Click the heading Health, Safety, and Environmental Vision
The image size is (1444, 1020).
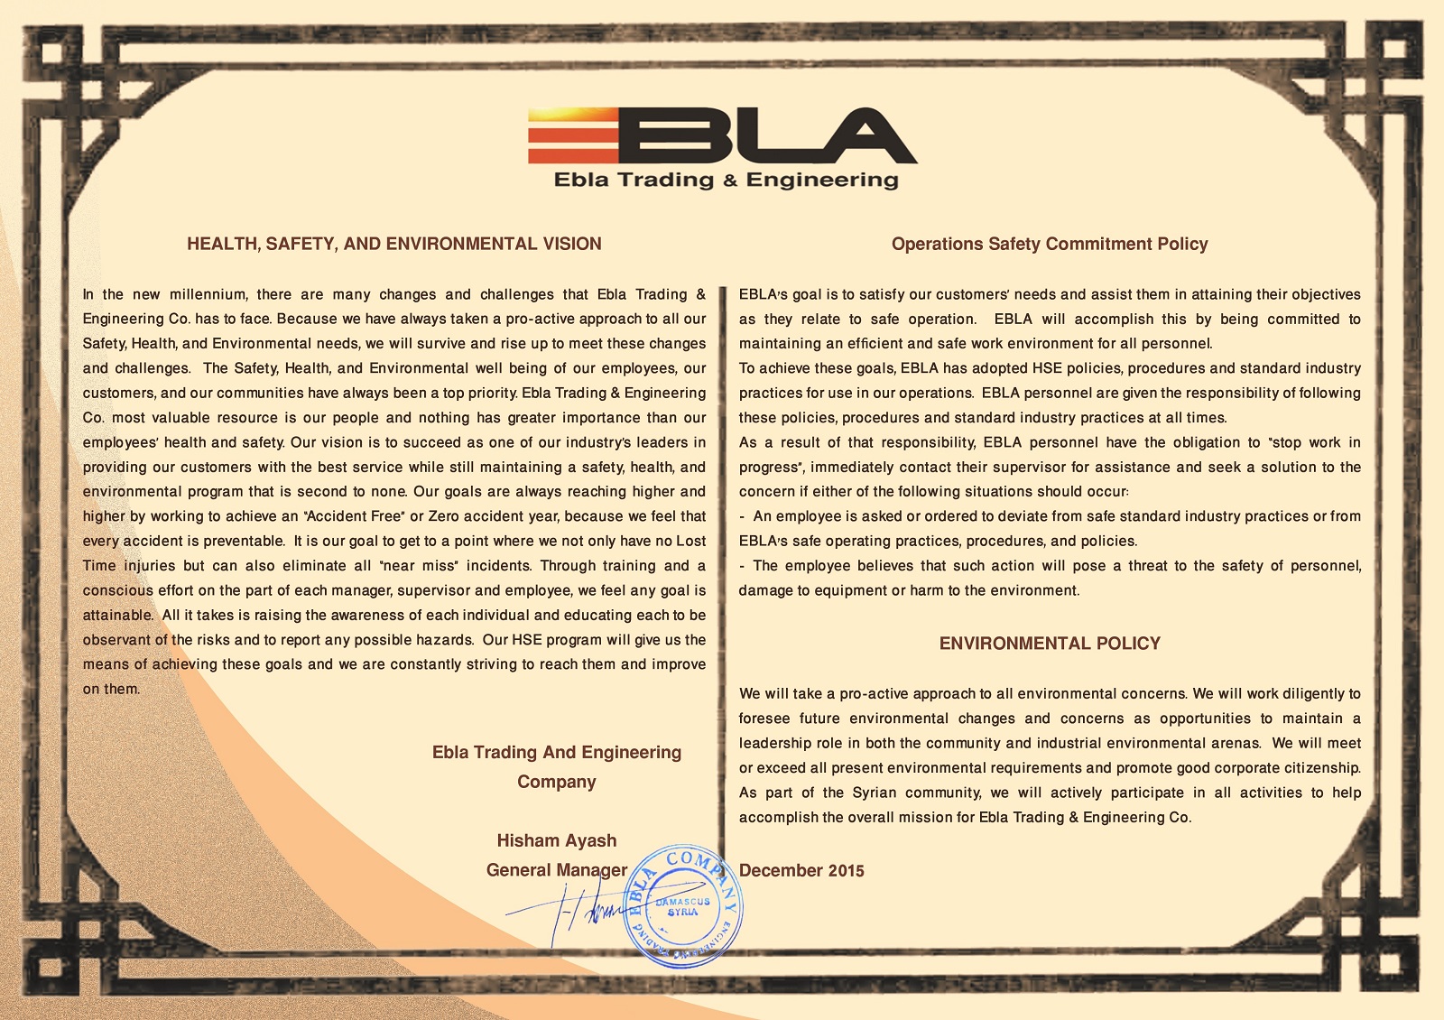coord(393,244)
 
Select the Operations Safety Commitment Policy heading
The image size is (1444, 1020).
coord(1049,244)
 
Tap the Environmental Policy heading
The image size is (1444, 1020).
coord(1049,644)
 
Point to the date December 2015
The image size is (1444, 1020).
coord(801,871)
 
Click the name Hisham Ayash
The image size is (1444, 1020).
coord(556,840)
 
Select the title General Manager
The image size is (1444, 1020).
coord(556,870)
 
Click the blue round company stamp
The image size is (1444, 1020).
coord(683,906)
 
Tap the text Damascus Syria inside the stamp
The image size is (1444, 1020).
coord(683,906)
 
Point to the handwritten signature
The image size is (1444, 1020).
coord(578,912)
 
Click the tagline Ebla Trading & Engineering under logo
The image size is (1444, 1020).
coord(726,180)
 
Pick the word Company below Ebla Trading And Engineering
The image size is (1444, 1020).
coord(556,782)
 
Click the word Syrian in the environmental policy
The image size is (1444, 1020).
coord(874,793)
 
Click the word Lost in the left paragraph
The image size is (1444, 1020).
coord(690,541)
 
